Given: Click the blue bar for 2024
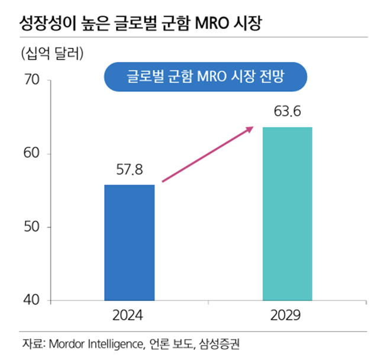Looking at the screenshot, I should [x=129, y=242].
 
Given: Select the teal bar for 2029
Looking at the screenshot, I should [x=287, y=213].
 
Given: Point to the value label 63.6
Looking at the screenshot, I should [x=287, y=112].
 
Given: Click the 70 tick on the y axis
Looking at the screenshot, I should [x=30, y=80].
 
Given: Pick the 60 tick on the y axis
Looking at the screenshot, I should [x=30, y=154].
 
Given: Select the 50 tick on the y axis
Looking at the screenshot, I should [x=30, y=227].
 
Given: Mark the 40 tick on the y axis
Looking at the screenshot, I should [x=30, y=300].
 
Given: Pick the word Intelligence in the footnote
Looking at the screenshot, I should [x=115, y=343].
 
